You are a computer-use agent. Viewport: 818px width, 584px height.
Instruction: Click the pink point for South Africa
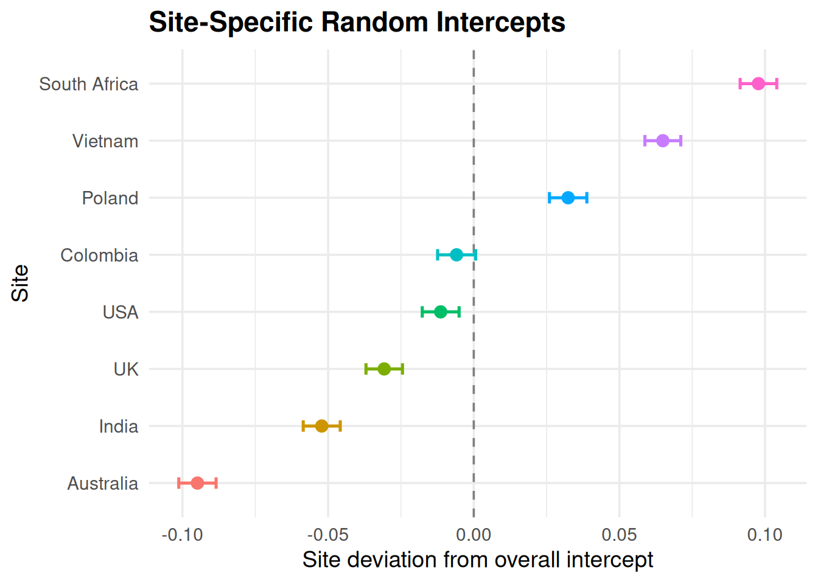point(758,84)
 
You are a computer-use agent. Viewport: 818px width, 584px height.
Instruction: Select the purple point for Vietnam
point(663,141)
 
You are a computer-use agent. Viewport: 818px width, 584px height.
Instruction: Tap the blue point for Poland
point(568,198)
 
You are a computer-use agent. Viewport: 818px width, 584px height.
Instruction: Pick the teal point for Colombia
point(456,255)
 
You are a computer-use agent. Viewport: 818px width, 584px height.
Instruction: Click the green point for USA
point(441,312)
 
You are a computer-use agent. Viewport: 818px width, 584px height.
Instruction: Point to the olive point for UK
point(384,369)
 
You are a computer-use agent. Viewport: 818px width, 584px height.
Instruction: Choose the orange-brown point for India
point(322,426)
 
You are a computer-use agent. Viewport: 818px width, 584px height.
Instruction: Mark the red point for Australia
point(197,483)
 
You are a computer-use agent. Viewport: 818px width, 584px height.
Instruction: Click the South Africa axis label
point(89,84)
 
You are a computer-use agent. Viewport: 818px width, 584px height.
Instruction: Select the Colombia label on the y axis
point(99,255)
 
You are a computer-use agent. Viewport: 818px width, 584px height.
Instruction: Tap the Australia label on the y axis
point(103,484)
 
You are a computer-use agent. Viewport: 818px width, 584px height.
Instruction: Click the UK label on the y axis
point(126,369)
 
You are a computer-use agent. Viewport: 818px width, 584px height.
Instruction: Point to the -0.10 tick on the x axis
point(182,535)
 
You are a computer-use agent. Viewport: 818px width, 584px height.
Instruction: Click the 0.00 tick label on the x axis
point(474,535)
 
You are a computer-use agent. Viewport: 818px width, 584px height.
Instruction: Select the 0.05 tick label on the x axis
point(620,535)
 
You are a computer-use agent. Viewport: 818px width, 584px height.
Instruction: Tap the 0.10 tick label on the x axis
point(765,535)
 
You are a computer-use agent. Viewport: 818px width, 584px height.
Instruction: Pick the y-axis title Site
point(20,283)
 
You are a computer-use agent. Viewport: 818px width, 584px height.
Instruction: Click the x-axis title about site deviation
point(478,560)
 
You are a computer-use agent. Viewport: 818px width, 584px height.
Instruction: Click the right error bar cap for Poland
point(587,198)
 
